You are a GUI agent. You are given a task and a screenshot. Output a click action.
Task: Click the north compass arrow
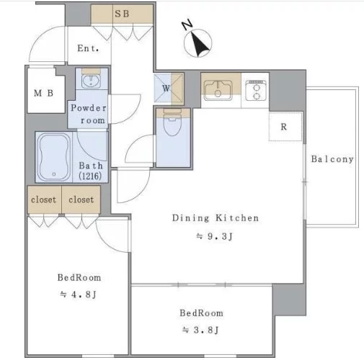pyautogui.click(x=199, y=45)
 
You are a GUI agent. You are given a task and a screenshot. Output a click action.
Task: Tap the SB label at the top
pyautogui.click(x=122, y=14)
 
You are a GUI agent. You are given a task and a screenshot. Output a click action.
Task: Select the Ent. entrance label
pyautogui.click(x=88, y=48)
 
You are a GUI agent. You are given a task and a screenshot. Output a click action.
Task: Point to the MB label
pyautogui.click(x=43, y=93)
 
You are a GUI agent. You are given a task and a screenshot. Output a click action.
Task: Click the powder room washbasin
pyautogui.click(x=91, y=81)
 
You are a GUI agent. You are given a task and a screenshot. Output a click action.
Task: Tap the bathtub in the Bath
pyautogui.click(x=54, y=158)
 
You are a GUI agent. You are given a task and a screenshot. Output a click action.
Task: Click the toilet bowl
pyautogui.click(x=172, y=122)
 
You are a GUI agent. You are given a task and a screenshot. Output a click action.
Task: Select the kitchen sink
pyautogui.click(x=218, y=90)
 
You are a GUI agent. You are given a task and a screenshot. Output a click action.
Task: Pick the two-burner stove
pyautogui.click(x=256, y=91)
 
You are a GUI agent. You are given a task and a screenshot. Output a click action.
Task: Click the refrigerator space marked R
pyautogui.click(x=285, y=127)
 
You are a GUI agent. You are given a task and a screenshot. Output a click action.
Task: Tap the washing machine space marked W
pyautogui.click(x=169, y=89)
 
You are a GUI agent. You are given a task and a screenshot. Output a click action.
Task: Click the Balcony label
pyautogui.click(x=332, y=159)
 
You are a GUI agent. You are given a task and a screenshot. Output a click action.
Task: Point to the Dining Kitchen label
pyautogui.click(x=216, y=218)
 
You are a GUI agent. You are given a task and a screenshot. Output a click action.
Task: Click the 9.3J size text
pyautogui.click(x=215, y=236)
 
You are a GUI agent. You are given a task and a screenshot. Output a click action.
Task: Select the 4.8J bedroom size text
pyautogui.click(x=79, y=294)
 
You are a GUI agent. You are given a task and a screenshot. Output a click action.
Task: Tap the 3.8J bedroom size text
pyautogui.click(x=200, y=330)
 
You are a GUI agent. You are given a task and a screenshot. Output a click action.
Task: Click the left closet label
pyautogui.click(x=43, y=199)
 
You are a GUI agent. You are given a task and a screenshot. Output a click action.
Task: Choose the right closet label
pyautogui.click(x=81, y=199)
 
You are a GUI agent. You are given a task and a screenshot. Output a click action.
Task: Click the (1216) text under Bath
pyautogui.click(x=90, y=176)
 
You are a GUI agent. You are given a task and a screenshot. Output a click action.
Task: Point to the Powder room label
pyautogui.click(x=89, y=114)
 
